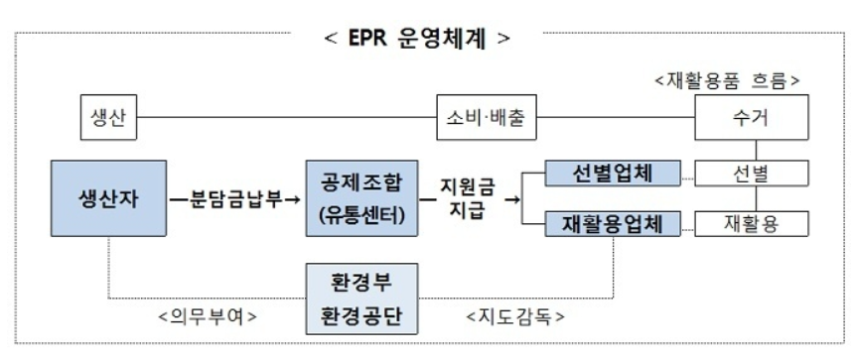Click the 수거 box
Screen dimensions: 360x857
pos(751,120)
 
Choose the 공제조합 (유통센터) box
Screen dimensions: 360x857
pos(362,200)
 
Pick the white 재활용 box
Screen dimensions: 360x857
pos(751,226)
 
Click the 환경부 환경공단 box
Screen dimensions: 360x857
pos(362,300)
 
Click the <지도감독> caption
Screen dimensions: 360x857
pos(515,318)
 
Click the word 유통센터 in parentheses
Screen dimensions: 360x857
pos(362,215)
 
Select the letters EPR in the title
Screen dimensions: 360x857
pos(373,43)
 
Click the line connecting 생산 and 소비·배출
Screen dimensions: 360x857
pos(278,120)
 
